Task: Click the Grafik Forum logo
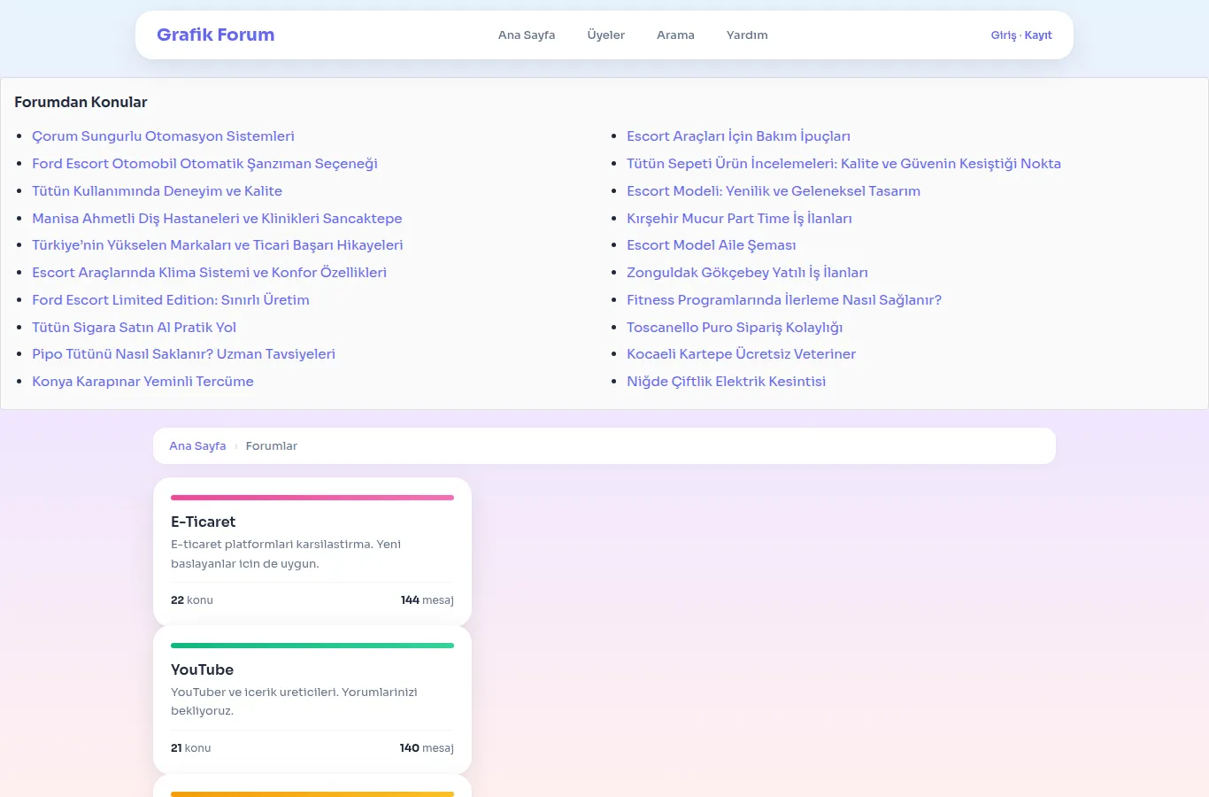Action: pos(215,35)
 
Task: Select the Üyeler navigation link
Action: pos(605,35)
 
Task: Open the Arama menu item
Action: pos(675,35)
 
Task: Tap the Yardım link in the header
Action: pos(747,35)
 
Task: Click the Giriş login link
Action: pos(1004,35)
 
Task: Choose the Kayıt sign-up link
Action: pos(1038,35)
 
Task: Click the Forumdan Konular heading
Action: pos(81,102)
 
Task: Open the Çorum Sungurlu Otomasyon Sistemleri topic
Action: pos(163,136)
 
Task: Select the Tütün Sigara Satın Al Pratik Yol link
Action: pos(134,328)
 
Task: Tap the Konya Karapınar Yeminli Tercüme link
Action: pos(142,381)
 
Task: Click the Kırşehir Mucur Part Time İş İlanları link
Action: pos(739,218)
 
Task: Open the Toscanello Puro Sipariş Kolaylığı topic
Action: pos(735,328)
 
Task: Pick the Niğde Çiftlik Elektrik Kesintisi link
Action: pos(726,381)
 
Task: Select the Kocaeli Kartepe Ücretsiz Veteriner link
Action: pos(741,354)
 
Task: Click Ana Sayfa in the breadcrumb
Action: pos(197,446)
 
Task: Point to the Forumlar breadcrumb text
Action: pos(272,446)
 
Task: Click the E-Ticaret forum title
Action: pos(203,522)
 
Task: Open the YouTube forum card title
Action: pos(203,669)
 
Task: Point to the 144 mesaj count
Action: pos(427,600)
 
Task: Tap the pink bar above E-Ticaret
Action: pos(312,498)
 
